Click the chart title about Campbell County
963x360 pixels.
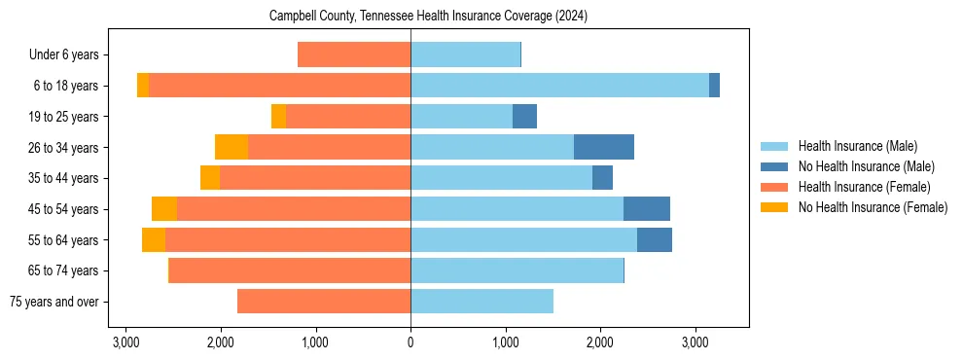[x=428, y=17]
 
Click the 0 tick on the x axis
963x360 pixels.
[x=410, y=342]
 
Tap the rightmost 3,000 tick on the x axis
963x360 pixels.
[x=695, y=342]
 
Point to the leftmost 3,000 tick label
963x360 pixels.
[x=125, y=342]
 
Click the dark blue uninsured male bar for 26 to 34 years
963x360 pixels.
[x=604, y=147]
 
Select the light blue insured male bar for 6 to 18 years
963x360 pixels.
[x=559, y=86]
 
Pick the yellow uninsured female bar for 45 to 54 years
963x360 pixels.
[x=164, y=209]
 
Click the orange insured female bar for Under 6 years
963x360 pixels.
[x=354, y=54]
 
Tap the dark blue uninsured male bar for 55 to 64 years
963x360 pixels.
[x=655, y=240]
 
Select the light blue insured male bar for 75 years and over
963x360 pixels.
[x=481, y=302]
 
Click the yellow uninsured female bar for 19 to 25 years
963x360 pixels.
[x=278, y=117]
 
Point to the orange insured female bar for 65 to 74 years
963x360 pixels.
[x=290, y=270]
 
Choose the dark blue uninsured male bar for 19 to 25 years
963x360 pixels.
[x=524, y=117]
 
